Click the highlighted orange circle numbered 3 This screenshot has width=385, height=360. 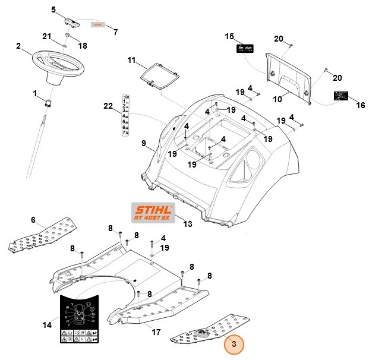point(233,343)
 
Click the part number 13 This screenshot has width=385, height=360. point(188,224)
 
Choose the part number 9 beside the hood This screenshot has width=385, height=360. point(143,143)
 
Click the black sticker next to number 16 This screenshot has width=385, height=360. point(340,95)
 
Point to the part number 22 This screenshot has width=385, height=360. point(108,106)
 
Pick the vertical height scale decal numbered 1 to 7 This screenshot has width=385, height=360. point(126,115)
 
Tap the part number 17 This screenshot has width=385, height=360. point(156,332)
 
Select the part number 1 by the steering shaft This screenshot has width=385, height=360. point(35,93)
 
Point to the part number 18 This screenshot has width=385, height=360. point(83,46)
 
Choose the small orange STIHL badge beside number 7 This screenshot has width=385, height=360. point(97,25)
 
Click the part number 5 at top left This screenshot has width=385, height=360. point(53,10)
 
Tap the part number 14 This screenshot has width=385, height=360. point(47,325)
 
